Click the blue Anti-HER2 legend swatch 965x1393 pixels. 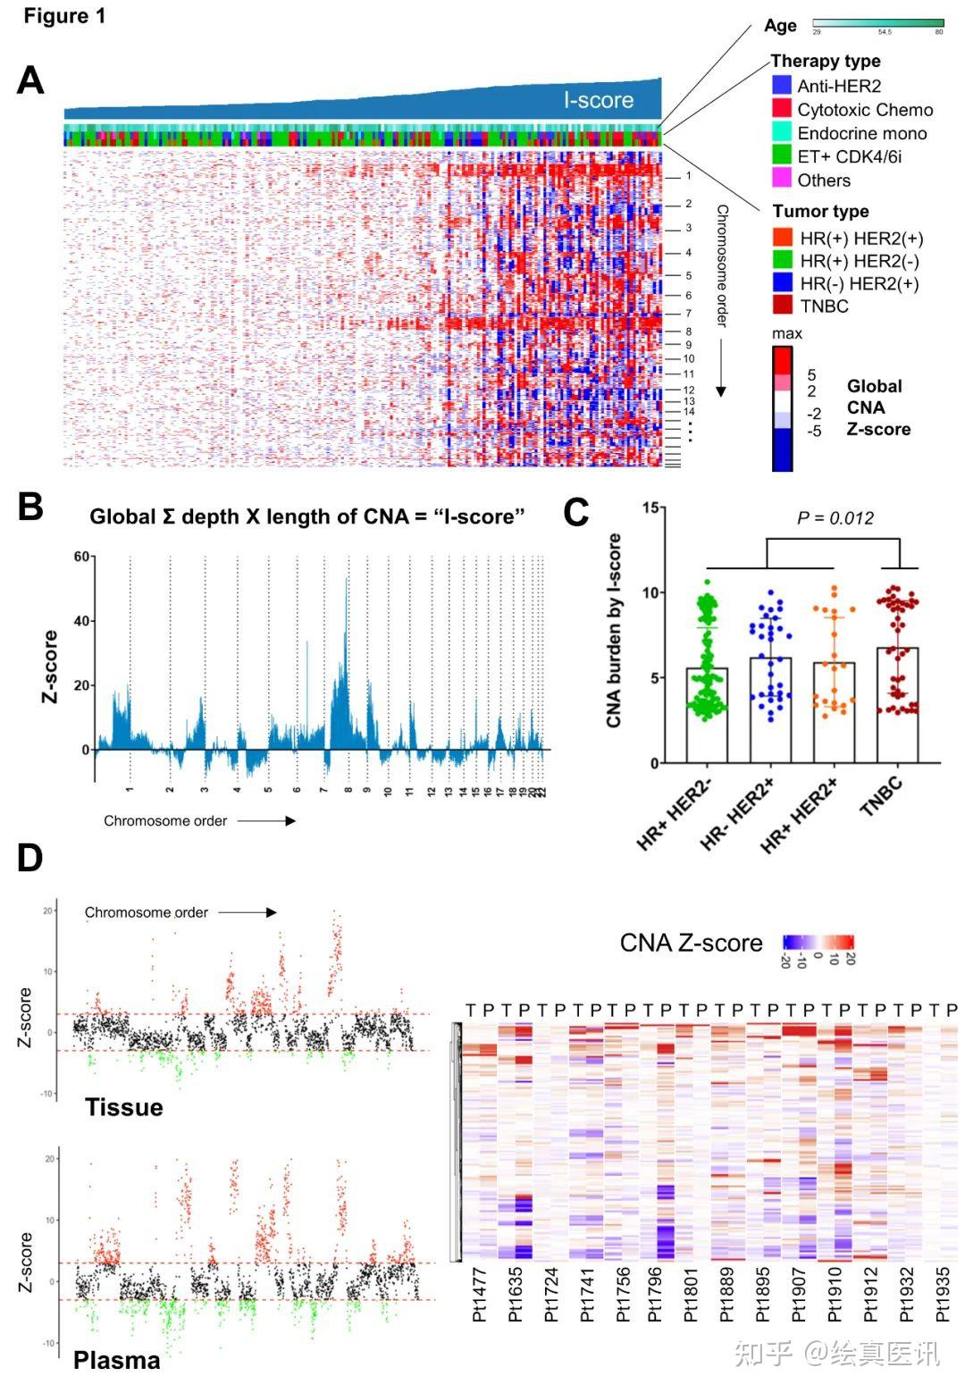(782, 86)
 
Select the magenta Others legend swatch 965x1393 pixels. (782, 179)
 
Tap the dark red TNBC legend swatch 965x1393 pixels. (783, 306)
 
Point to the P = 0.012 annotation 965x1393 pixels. (835, 518)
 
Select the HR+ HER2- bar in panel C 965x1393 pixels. (707, 715)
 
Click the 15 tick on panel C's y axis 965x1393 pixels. (652, 508)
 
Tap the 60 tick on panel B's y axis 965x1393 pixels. (82, 557)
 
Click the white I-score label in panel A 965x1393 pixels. (598, 100)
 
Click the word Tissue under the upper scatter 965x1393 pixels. (124, 1107)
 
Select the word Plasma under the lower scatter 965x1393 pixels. (117, 1360)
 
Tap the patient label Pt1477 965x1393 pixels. (480, 1295)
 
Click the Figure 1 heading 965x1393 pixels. (64, 16)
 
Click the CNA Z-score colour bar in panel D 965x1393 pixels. (818, 941)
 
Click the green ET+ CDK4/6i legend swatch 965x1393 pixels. (782, 155)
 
